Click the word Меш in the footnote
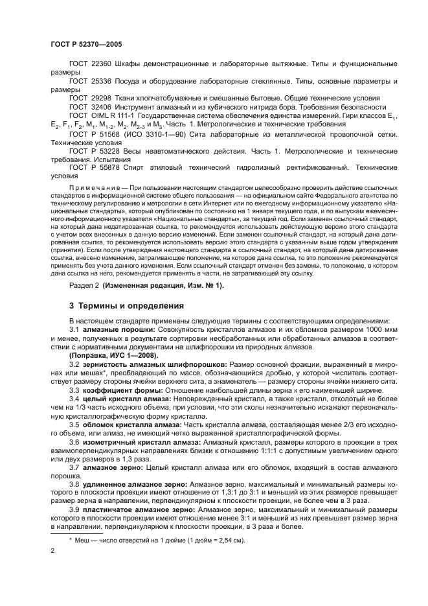pyautogui.click(x=82, y=540)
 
